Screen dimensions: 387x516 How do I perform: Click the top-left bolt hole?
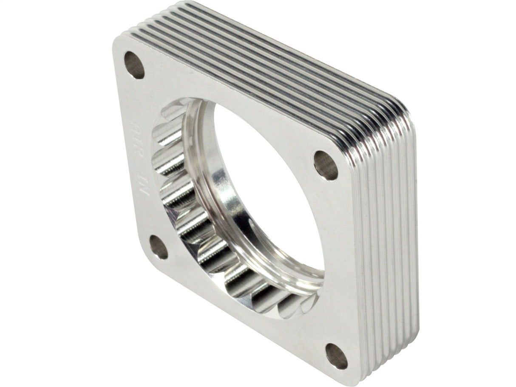[x=134, y=65]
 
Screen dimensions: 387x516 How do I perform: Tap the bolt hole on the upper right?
[x=326, y=165]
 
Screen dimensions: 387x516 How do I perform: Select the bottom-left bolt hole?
[x=159, y=247]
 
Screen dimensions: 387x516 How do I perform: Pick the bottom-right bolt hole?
[x=336, y=356]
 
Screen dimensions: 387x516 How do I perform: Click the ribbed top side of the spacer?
[x=272, y=55]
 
